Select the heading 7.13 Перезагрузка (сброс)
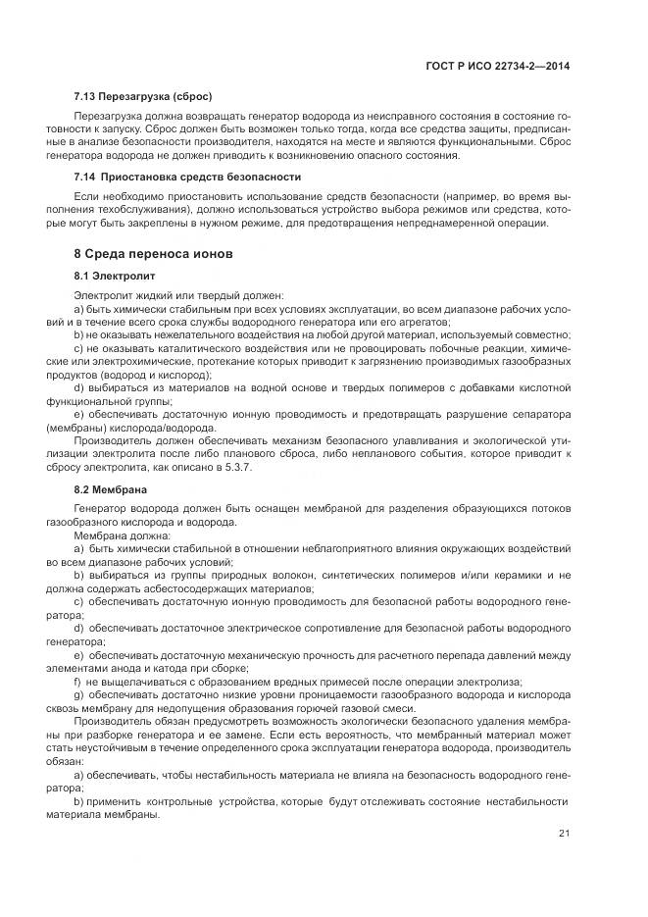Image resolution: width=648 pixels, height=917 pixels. pyautogui.click(x=143, y=97)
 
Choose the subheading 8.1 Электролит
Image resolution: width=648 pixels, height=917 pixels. pyautogui.click(x=115, y=276)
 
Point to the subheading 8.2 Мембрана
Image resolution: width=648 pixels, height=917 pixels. pyautogui.click(x=111, y=488)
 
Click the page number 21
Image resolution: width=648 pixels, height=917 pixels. pyautogui.click(x=564, y=834)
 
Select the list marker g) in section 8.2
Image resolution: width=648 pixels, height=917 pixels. pyautogui.click(x=79, y=693)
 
